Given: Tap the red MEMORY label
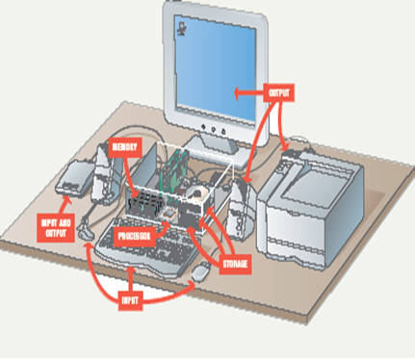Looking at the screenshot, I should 125,147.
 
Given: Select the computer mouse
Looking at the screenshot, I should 201,273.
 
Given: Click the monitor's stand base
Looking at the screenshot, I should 217,145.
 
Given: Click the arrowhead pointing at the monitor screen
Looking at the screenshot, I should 234,93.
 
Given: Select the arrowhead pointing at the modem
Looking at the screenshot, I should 64,197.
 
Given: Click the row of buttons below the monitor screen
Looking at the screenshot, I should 214,127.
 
